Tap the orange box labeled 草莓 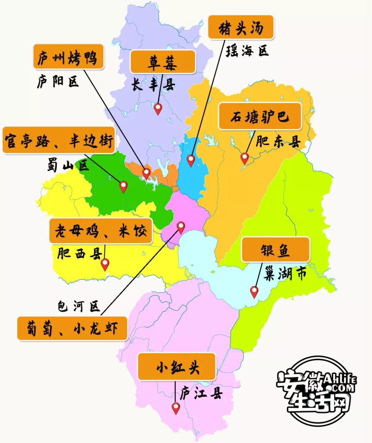click(x=163, y=62)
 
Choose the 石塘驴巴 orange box click(x=260, y=116)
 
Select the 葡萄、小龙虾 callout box click(x=72, y=328)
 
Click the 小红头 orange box click(x=177, y=366)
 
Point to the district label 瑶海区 click(x=247, y=51)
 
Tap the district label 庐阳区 click(x=58, y=82)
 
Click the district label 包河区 click(x=79, y=306)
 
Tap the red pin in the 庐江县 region click(x=176, y=408)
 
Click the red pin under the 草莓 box click(x=158, y=108)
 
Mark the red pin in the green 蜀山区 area click(x=123, y=186)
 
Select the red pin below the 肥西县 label click(x=105, y=264)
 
